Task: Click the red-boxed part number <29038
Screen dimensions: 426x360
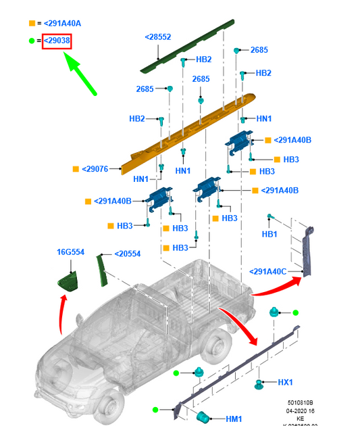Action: click(x=57, y=41)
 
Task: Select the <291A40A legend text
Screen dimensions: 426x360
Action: click(x=61, y=23)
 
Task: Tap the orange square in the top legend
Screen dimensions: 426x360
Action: click(x=31, y=23)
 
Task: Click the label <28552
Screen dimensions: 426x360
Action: click(x=158, y=37)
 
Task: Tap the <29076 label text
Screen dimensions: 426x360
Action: click(x=95, y=169)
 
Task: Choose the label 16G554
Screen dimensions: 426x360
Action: click(x=70, y=252)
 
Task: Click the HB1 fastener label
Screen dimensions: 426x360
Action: click(x=269, y=234)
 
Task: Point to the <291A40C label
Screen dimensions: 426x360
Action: click(x=267, y=271)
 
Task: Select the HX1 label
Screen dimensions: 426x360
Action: click(x=285, y=382)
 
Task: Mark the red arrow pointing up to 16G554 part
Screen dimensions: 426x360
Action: click(x=62, y=314)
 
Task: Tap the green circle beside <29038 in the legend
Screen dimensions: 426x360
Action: click(x=31, y=41)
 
